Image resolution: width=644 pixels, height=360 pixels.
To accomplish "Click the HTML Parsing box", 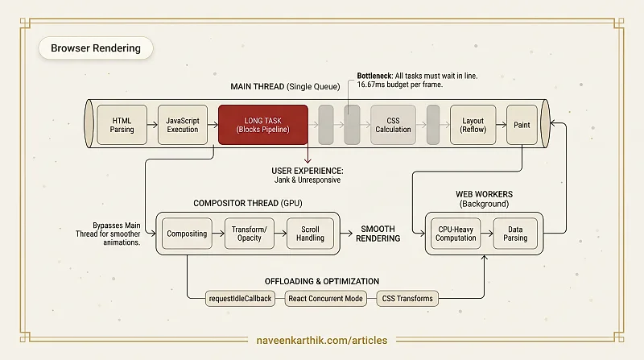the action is pos(122,125).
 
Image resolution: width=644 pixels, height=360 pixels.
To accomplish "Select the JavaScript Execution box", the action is pos(183,125).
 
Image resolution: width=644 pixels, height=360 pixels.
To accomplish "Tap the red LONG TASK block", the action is pos(263,125).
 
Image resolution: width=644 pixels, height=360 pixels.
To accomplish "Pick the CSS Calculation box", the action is pos(393,125).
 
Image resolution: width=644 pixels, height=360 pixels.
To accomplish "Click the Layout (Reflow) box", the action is pos(473,125).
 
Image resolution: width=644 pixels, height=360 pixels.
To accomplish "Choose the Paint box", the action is pos(522,125).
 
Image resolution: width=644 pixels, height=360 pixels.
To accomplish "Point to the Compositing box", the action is pos(187,234).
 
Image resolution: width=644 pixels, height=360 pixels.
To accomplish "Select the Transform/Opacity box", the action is pos(250,234).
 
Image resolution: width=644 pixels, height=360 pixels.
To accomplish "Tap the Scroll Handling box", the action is pos(310,234).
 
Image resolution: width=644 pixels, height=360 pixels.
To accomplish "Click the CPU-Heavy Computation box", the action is pos(456,234).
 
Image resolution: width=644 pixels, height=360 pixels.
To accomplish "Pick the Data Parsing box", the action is pos(515,234).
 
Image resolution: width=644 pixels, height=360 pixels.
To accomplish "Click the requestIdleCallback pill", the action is pos(240,298).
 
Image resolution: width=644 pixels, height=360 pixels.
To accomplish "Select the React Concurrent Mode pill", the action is pos(325,298).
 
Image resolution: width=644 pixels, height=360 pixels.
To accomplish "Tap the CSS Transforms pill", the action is pos(407,298).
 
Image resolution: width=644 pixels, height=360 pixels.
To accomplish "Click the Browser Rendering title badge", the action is pos(96,48).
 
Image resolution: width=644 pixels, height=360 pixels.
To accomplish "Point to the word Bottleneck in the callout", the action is pos(374,76).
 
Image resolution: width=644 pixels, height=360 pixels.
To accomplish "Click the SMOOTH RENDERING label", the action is pos(378,234).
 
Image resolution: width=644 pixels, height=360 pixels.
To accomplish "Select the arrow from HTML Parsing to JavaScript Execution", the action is pos(152,125).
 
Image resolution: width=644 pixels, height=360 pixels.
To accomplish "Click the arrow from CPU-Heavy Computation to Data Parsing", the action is pos(487,234).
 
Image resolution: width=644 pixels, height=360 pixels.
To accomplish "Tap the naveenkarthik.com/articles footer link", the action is pos(322,341).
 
